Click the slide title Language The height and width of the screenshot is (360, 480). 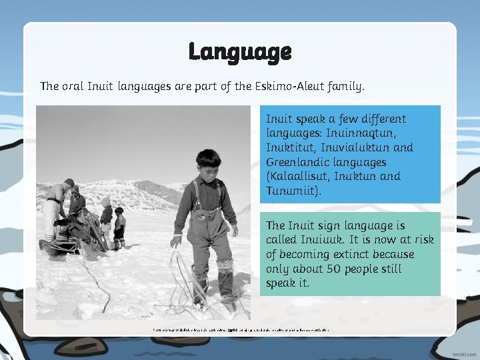(239, 51)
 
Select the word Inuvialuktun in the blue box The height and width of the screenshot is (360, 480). (361, 147)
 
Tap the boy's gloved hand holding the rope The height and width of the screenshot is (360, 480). (176, 240)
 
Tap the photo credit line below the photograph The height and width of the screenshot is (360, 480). (240, 329)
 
